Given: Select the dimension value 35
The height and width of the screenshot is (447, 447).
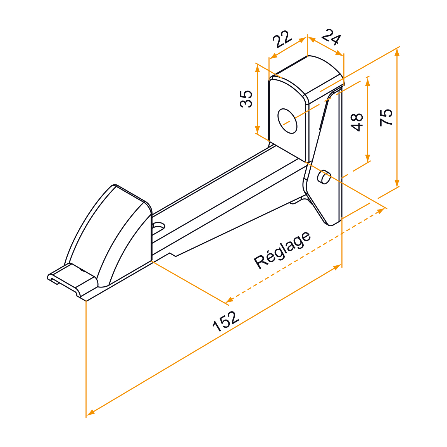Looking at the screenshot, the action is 246,99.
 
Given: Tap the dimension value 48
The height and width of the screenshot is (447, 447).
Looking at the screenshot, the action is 357,122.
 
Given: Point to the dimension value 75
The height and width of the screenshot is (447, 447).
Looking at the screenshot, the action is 386,118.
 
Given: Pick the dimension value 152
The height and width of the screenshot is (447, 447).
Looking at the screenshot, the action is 226,321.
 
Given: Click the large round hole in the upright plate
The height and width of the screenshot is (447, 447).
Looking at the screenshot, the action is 287,121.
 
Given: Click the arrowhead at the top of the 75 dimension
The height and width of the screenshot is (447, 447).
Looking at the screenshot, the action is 397,52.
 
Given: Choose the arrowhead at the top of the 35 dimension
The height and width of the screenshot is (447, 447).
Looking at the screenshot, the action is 258,68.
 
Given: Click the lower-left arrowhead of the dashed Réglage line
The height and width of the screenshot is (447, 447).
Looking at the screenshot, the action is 230,300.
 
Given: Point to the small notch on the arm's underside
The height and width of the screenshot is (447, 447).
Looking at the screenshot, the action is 173,255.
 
